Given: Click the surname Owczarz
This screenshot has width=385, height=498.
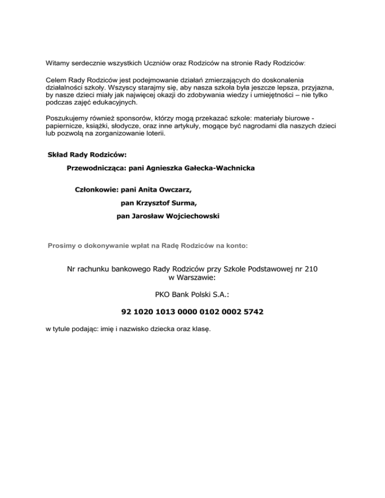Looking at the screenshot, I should pos(173,191).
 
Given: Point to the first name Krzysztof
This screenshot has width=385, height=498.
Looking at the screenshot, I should pos(154,203).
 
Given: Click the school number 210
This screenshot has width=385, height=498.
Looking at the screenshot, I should pos(310,269).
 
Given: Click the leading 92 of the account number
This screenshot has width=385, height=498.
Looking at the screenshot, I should pos(126,312).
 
